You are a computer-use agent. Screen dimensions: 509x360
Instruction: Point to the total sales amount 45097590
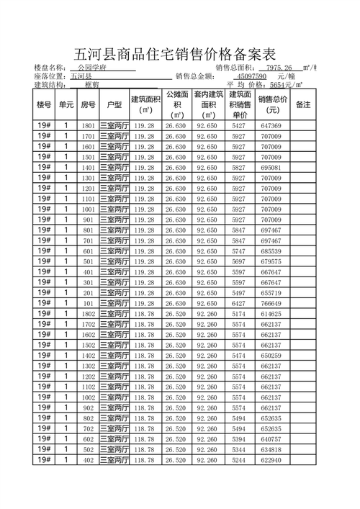pos(252,76)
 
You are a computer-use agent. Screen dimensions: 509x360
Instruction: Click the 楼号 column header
pos(44,105)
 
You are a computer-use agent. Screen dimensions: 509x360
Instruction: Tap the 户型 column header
pos(114,105)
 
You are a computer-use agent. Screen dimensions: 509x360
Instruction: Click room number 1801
pos(89,126)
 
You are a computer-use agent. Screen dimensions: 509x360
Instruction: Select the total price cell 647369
pos(271,126)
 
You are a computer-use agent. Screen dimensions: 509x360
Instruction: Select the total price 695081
pos(271,168)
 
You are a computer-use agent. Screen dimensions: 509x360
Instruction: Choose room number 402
pos(89,460)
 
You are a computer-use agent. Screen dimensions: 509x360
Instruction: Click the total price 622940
pos(271,460)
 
